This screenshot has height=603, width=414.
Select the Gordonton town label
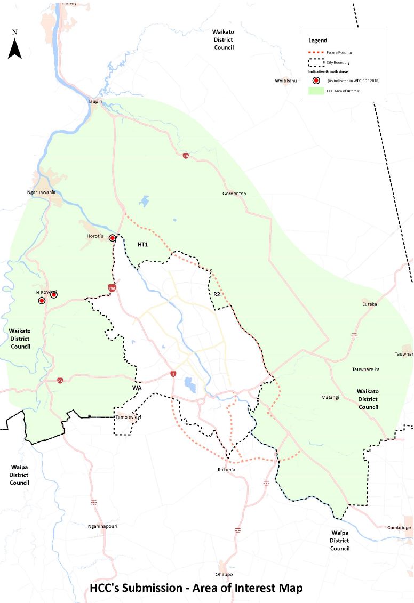pos(234,194)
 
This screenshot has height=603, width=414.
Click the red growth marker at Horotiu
pos(113,238)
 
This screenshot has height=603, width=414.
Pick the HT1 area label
pos(142,244)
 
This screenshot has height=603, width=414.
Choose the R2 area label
pos(217,294)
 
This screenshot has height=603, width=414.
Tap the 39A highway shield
pos(112,288)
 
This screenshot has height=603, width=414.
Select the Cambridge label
pos(399,528)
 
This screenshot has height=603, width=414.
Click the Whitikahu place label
pos(285,81)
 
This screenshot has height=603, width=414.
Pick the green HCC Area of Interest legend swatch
pos(316,91)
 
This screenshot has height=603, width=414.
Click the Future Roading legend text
pos(340,52)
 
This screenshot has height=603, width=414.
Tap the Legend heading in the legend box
pos(317,41)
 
